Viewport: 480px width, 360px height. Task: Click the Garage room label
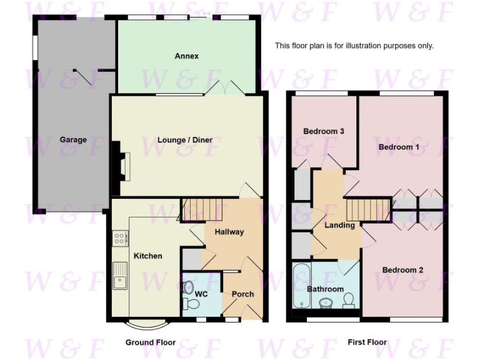point(73,140)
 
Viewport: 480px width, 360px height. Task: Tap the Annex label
point(186,56)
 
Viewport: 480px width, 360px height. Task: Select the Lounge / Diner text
point(185,140)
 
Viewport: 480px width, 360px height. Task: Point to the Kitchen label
point(147,256)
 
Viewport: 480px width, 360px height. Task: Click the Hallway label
point(229,232)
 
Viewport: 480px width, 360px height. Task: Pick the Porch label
point(242,294)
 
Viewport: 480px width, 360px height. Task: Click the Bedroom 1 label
point(399,147)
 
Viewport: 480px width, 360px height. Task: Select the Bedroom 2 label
point(402,270)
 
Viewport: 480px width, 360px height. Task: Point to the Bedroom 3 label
point(324,131)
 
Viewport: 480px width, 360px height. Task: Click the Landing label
point(340,225)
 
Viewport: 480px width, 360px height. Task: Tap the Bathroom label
point(325,289)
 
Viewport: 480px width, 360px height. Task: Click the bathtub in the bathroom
point(301,286)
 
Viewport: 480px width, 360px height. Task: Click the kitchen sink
point(119,276)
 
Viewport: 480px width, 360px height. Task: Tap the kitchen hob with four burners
point(119,238)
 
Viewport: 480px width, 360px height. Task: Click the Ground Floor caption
point(150,342)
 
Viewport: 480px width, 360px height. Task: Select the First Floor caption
point(367,342)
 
